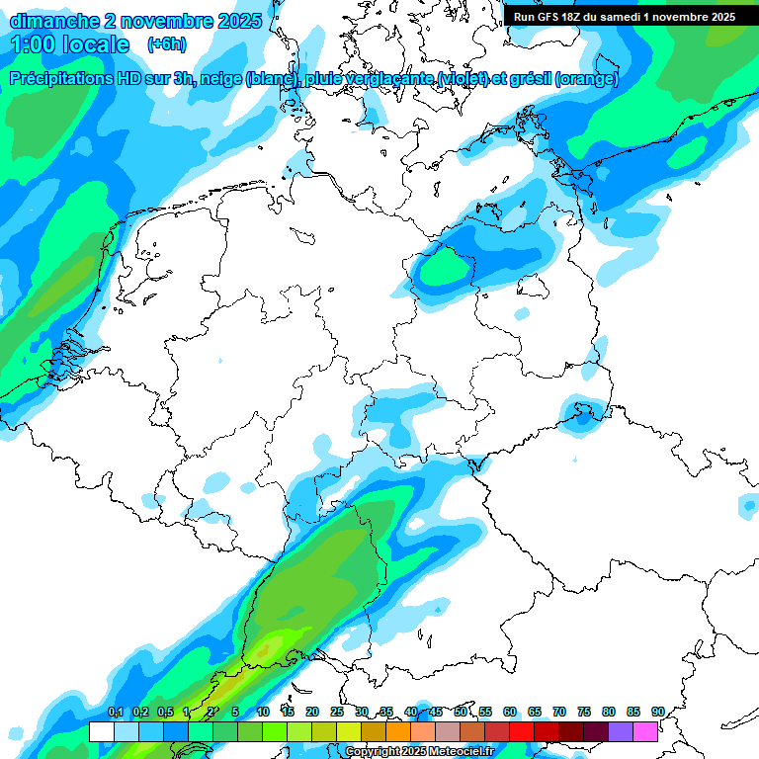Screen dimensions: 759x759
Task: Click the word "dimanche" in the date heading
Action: point(50,20)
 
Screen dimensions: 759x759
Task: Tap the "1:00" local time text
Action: point(32,44)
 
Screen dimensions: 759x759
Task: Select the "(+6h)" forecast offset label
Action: point(166,44)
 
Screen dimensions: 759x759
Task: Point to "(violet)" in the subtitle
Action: point(457,79)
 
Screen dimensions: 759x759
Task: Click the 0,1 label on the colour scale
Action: point(115,713)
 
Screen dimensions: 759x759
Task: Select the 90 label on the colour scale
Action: point(657,713)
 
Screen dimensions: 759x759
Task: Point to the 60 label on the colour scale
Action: point(510,713)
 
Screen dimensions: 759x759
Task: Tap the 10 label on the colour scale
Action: point(263,713)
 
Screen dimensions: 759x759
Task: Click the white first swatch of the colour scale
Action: point(101,731)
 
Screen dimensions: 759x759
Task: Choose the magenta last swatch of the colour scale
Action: point(645,731)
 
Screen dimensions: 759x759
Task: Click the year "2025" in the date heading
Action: point(237,20)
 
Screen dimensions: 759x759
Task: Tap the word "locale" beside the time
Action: point(95,44)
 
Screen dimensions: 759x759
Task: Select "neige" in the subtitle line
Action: point(220,79)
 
